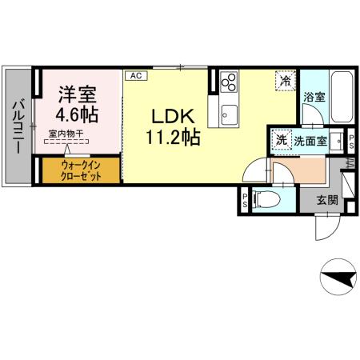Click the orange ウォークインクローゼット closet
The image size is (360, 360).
pos(80,170)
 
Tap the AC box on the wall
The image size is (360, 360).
pos(136,76)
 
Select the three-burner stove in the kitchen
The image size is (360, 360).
pos(229,82)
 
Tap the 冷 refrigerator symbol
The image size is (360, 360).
pos(285,80)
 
